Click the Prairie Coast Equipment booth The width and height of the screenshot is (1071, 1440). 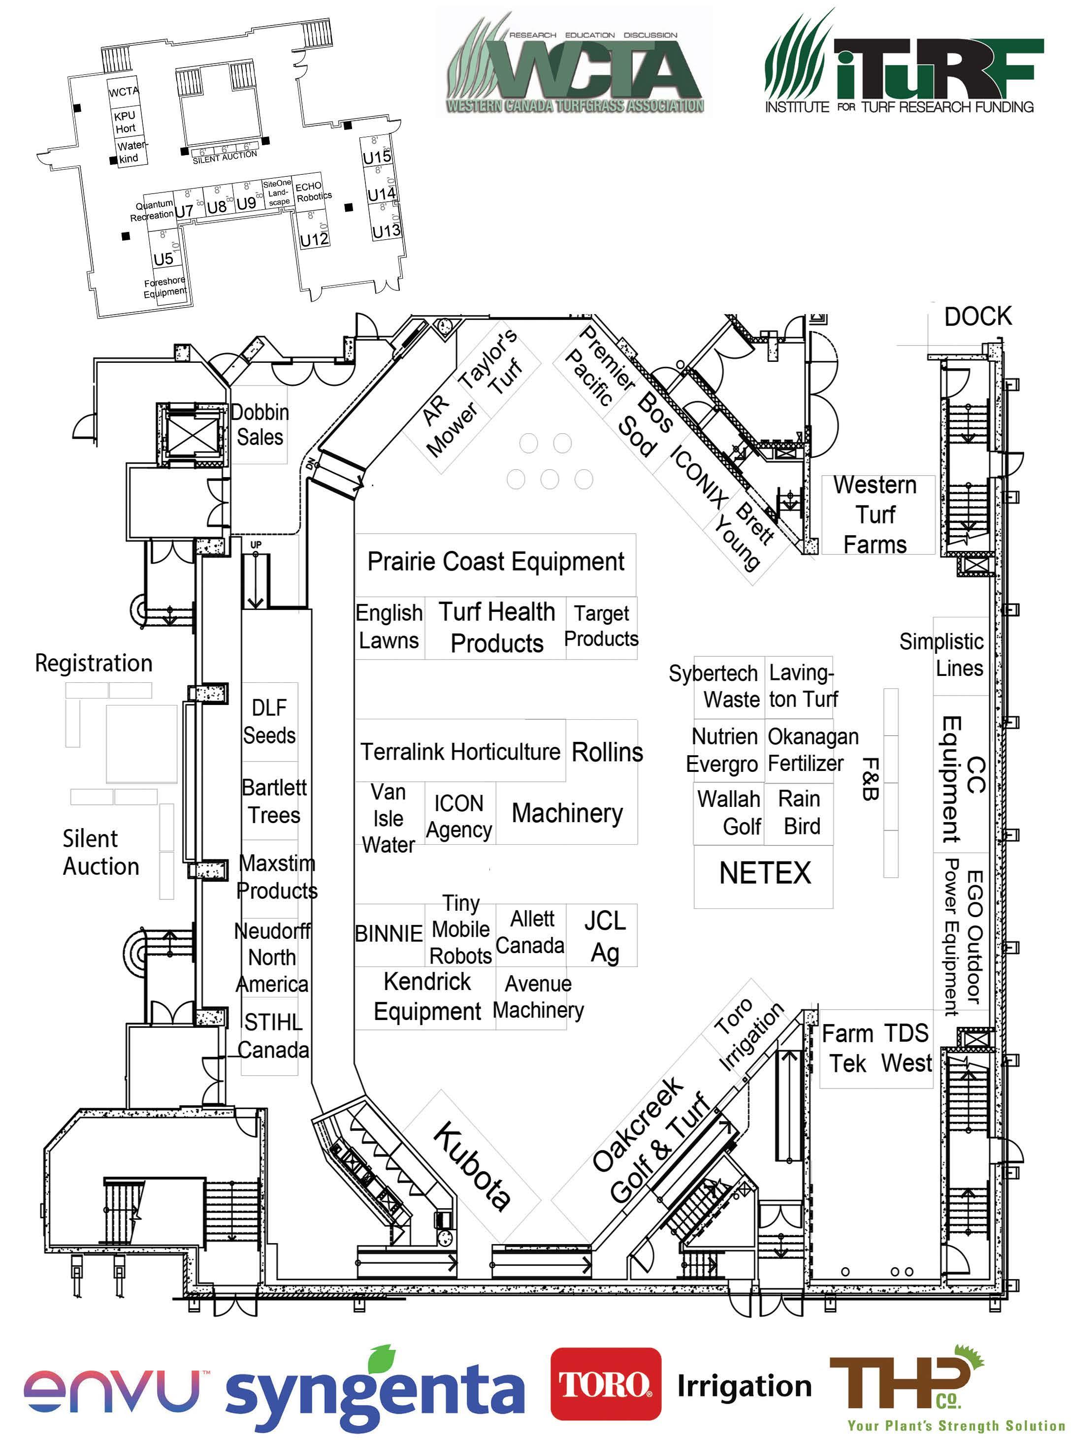click(x=495, y=562)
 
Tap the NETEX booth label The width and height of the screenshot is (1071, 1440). click(x=764, y=873)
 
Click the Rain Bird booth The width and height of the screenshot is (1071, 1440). click(x=799, y=813)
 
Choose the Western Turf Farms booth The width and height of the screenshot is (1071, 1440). click(x=876, y=514)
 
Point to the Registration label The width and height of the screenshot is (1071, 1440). click(x=94, y=664)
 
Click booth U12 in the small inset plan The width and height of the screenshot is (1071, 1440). click(x=314, y=240)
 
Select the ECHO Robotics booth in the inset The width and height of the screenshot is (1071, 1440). click(x=313, y=191)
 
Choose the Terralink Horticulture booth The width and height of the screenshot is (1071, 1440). click(x=459, y=752)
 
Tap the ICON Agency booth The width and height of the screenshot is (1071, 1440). click(x=459, y=816)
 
